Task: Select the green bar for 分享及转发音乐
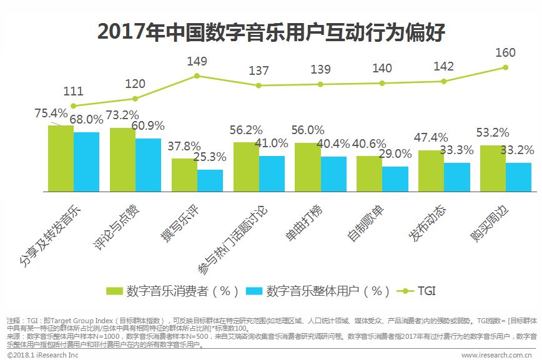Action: tap(61, 158)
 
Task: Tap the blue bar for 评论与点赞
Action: tap(148, 164)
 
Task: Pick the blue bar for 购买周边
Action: tap(518, 177)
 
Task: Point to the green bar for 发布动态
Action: tap(431, 170)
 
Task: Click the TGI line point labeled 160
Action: tap(506, 67)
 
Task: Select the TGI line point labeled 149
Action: tap(197, 76)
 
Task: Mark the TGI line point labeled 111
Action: tap(73, 106)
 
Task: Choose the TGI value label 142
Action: tap(443, 67)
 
